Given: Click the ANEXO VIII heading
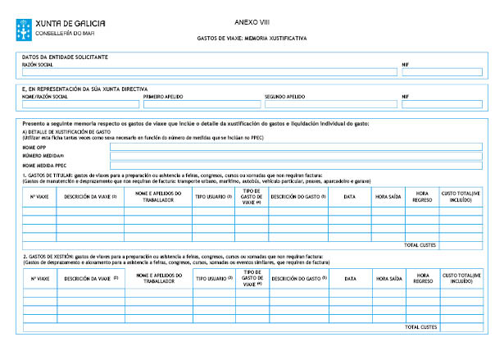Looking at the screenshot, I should [x=252, y=22].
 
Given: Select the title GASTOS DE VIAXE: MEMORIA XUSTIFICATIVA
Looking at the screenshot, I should [x=252, y=39].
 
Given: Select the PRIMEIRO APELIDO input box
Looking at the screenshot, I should [x=201, y=104].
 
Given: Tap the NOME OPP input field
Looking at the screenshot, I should [x=279, y=147].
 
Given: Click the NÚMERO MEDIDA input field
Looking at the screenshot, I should [x=279, y=155].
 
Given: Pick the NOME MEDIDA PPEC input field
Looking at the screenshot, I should [x=279, y=164].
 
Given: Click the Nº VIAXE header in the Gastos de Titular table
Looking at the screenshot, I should [x=38, y=197].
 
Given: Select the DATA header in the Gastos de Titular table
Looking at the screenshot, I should [x=350, y=197].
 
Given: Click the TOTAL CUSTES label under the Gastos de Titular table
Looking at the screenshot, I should [x=421, y=245].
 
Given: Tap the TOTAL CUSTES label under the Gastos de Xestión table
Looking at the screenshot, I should [x=421, y=327].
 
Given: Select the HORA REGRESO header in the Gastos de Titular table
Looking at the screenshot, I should [x=422, y=197].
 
